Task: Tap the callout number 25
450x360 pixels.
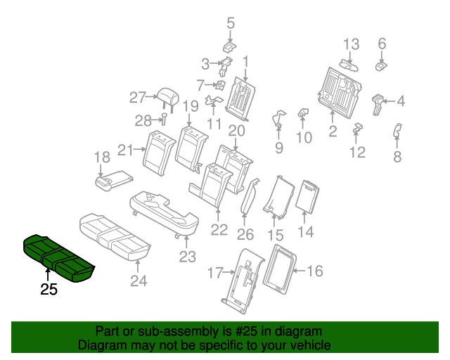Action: pyautogui.click(x=49, y=290)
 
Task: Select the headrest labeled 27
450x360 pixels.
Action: pyautogui.click(x=167, y=96)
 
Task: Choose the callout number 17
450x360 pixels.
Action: pyautogui.click(x=214, y=271)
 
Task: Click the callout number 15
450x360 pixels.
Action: pyautogui.click(x=275, y=236)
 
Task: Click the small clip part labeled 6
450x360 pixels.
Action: pyautogui.click(x=381, y=65)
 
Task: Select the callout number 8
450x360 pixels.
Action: pyautogui.click(x=397, y=156)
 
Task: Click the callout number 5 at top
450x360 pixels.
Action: pyautogui.click(x=230, y=24)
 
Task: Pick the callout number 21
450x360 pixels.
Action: pyautogui.click(x=126, y=149)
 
